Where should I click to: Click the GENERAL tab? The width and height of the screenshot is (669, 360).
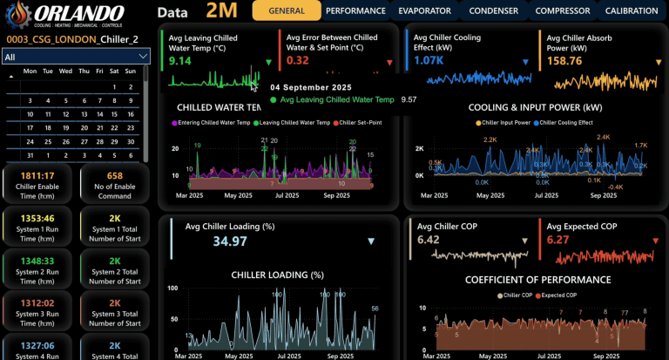[x=287, y=11]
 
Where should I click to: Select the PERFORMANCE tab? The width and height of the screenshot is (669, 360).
[x=355, y=11]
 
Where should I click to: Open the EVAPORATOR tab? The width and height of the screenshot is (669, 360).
[x=424, y=11]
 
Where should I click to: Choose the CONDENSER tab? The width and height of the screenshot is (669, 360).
[x=495, y=11]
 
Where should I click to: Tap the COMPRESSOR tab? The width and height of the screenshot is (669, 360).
[x=562, y=11]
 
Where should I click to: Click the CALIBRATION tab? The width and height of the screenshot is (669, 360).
[x=631, y=11]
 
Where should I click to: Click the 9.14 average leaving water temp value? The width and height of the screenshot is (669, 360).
[x=180, y=61]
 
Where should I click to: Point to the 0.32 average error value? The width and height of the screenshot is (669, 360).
[x=297, y=61]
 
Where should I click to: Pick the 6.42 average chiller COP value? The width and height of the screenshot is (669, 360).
[x=429, y=240]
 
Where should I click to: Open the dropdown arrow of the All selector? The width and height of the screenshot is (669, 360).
[x=143, y=57]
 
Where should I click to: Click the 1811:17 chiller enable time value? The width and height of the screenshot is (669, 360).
[x=38, y=175]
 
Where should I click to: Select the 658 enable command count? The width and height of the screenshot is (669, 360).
[x=115, y=175]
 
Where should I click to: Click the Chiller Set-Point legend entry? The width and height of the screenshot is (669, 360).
[x=358, y=122]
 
